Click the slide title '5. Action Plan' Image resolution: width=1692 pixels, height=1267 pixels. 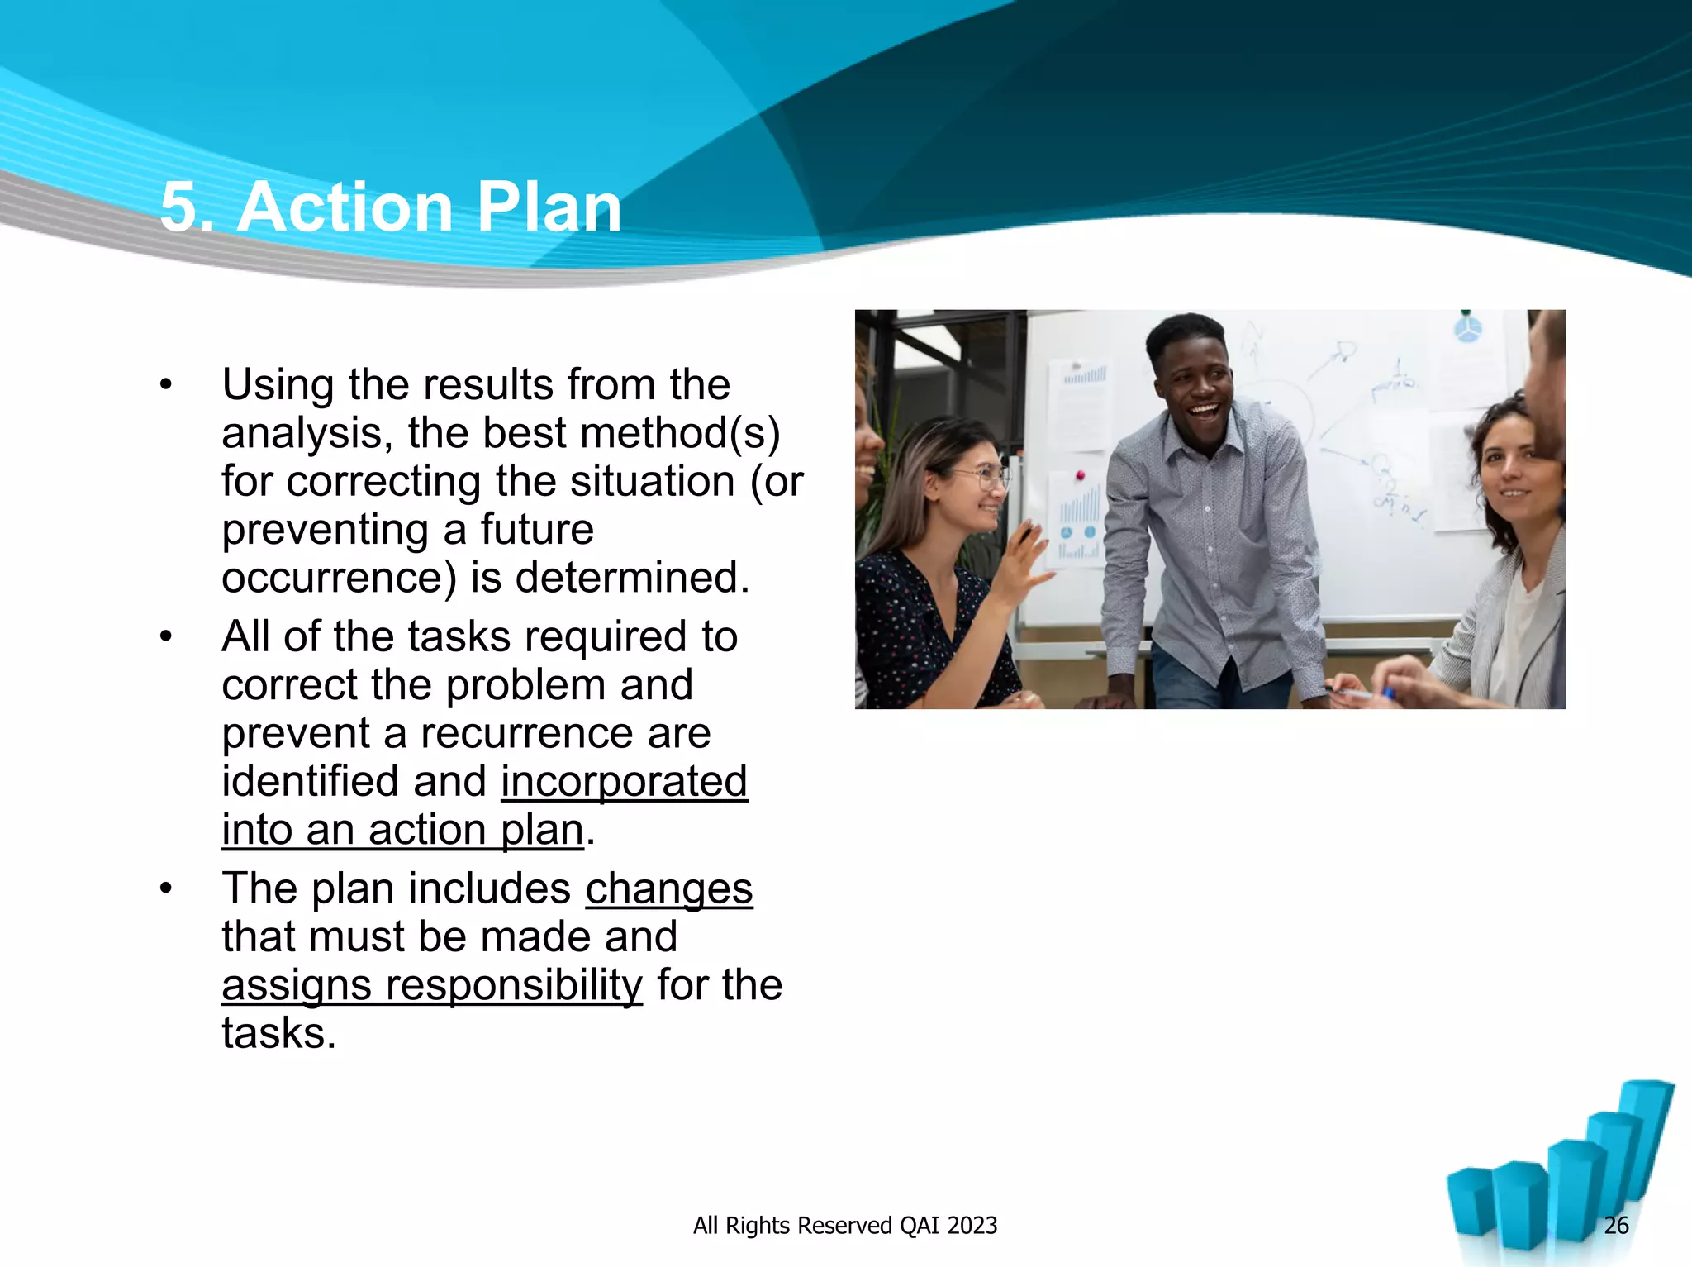click(x=390, y=207)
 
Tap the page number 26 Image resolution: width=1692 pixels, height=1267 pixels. click(x=1615, y=1225)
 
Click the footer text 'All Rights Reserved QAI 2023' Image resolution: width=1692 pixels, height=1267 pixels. click(x=844, y=1225)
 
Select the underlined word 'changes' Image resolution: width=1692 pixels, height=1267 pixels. click(x=668, y=889)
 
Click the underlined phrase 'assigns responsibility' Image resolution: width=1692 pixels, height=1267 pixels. click(x=431, y=985)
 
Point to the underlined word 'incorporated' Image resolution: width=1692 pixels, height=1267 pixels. click(x=624, y=782)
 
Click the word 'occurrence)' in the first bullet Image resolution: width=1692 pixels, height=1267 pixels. click(x=339, y=578)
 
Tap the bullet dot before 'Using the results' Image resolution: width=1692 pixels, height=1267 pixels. click(x=167, y=385)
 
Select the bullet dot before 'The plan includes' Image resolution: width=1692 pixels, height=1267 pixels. click(x=167, y=889)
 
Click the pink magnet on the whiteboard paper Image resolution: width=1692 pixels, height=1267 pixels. click(x=1079, y=476)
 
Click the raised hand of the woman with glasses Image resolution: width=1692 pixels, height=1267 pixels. click(x=1024, y=570)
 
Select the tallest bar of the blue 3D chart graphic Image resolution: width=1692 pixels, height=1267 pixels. click(x=1644, y=1132)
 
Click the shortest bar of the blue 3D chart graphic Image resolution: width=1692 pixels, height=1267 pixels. click(x=1471, y=1207)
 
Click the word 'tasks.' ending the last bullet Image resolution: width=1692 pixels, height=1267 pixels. click(x=279, y=1034)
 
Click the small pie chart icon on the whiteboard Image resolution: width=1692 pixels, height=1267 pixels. click(x=1467, y=330)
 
